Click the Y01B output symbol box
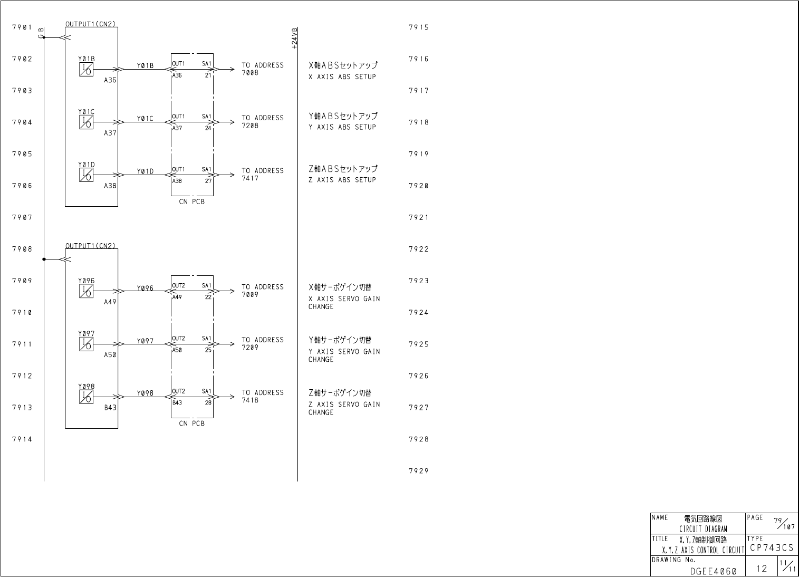[x=86, y=70]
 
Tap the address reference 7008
[x=250, y=73]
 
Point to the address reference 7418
[x=250, y=400]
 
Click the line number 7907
[x=22, y=217]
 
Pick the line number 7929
[x=418, y=471]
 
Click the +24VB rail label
[x=294, y=38]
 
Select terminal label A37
[x=110, y=133]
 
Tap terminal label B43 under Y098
[x=110, y=408]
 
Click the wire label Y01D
[x=145, y=171]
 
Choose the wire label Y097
[x=145, y=341]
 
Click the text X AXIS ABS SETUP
[x=342, y=77]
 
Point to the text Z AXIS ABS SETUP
[x=342, y=180]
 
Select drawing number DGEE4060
[x=713, y=571]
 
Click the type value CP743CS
[x=771, y=548]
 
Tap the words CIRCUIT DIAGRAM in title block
[x=702, y=529]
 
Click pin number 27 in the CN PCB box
[x=208, y=180]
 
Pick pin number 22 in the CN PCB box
[x=208, y=297]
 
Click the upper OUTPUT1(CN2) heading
[x=90, y=24]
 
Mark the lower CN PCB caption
[x=191, y=423]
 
